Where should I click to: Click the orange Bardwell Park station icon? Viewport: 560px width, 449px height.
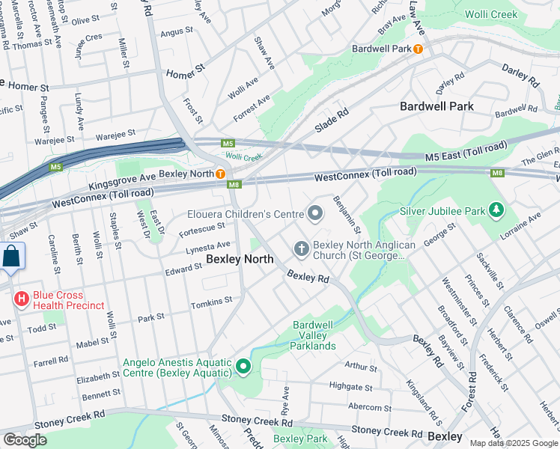[418, 49]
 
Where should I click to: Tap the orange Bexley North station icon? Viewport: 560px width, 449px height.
[221, 174]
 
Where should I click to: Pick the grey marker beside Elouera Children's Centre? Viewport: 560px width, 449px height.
[315, 215]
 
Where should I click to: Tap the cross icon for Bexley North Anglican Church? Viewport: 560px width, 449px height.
[301, 248]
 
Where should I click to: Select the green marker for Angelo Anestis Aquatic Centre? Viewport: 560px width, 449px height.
[243, 367]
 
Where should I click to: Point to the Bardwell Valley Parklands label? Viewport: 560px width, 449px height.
[314, 335]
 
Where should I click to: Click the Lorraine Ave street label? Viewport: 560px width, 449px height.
[524, 228]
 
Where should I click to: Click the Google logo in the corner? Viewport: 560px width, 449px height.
[25, 440]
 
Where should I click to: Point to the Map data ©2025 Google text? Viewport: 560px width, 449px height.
[514, 443]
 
